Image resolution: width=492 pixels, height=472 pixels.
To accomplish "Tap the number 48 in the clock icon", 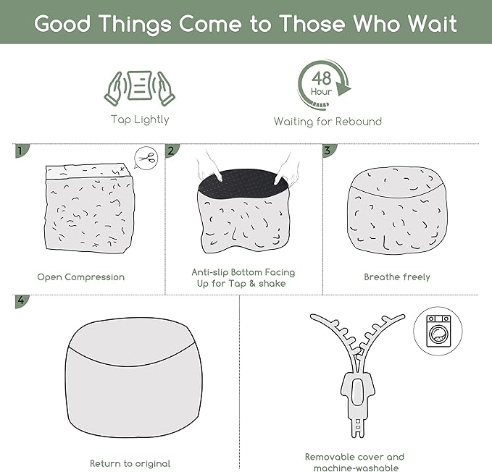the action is [321, 78].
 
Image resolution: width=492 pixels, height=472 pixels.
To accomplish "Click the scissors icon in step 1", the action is [146, 159].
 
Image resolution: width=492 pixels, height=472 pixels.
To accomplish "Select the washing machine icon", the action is [438, 331].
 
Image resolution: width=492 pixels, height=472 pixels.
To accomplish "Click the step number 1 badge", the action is [22, 151].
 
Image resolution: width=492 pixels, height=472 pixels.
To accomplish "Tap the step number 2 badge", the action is [172, 151].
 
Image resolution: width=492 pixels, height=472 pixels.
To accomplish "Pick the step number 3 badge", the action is [330, 151].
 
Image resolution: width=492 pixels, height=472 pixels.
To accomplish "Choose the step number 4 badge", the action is [22, 301].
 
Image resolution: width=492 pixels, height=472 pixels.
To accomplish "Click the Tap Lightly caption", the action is [140, 119].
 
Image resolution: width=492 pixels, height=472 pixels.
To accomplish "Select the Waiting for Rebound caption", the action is [328, 122].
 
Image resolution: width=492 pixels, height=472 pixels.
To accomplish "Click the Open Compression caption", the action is [81, 277].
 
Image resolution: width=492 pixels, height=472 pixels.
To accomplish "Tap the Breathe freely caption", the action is [397, 277].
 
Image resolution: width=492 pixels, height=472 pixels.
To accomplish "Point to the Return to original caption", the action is [130, 463].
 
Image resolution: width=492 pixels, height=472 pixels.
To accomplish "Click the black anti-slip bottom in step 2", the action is [243, 185].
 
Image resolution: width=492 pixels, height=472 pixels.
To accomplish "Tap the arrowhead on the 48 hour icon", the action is [343, 89].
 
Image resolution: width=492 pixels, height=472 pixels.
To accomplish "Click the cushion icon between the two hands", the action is [140, 85].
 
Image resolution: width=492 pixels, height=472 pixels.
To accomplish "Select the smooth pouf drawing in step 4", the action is [134, 377].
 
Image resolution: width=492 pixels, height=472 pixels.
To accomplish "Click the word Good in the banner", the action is [62, 24].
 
